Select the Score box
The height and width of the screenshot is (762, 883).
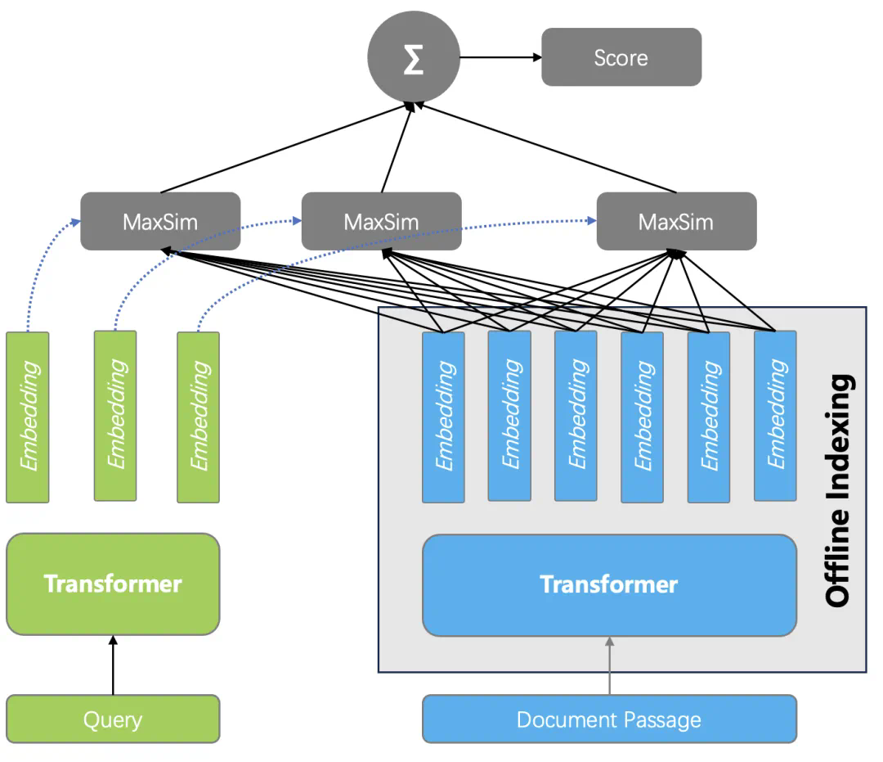point(621,57)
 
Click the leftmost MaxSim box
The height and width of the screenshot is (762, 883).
point(160,222)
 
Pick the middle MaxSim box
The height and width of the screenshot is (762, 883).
point(381,222)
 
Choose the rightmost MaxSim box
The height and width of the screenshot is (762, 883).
point(676,222)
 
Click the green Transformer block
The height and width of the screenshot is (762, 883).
point(113,584)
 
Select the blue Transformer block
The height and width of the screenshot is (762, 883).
point(609,584)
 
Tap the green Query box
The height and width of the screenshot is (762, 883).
point(113,719)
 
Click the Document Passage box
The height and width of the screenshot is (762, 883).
point(609,719)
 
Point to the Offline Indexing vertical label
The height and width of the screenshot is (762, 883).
point(838,491)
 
